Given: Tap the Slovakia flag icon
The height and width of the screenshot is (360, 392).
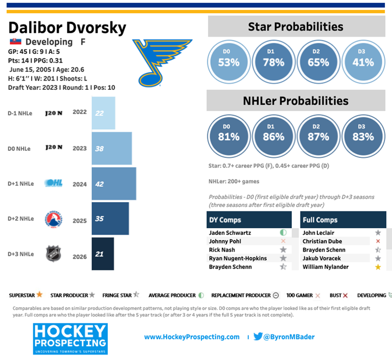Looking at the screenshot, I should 15,42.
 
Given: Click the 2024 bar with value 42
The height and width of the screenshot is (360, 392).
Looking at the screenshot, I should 114,184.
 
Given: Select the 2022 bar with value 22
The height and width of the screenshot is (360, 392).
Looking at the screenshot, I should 103,113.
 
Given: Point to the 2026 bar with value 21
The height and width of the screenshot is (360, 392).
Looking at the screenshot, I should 103,254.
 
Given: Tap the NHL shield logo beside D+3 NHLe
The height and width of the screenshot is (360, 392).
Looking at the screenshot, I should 53,254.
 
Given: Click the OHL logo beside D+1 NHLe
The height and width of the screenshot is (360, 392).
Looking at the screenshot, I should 53,184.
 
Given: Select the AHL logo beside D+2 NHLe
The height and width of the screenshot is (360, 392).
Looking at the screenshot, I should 53,219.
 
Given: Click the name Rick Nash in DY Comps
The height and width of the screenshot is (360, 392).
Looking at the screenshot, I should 222,249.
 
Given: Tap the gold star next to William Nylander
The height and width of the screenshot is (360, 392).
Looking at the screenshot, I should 378,267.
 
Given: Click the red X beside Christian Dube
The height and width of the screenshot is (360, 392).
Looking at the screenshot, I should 378,241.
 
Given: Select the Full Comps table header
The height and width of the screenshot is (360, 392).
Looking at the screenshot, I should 343,220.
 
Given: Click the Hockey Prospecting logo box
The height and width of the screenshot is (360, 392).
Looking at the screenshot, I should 70,338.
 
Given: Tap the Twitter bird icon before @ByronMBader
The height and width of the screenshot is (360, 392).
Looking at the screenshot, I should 258,337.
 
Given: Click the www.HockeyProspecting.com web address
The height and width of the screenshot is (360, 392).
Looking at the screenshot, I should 192,337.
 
